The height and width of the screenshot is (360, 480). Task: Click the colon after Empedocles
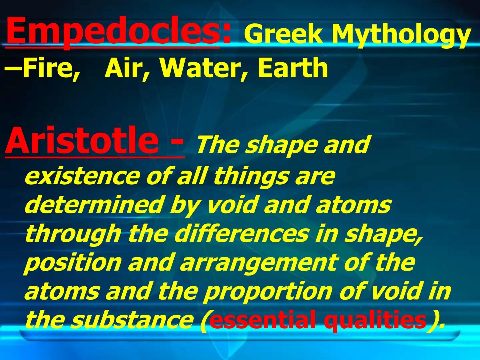coord(227,33)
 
